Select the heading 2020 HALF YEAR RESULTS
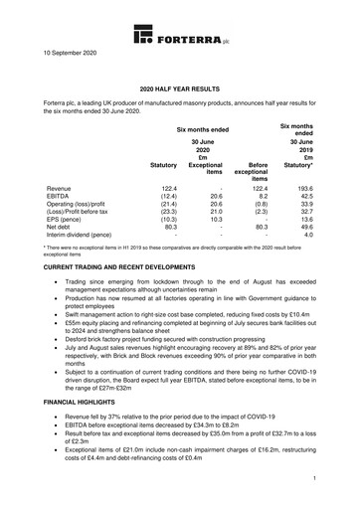(179, 88)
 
